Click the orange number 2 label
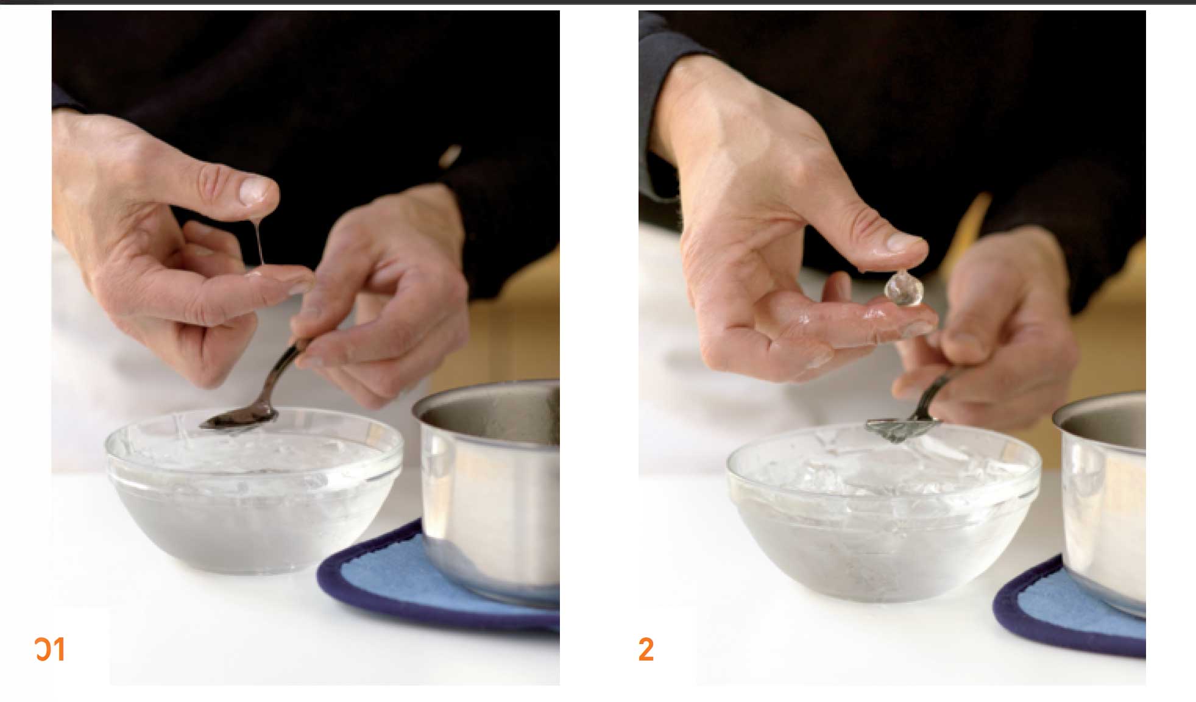click(646, 650)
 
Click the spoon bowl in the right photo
click(891, 429)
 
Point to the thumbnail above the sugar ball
click(906, 243)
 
